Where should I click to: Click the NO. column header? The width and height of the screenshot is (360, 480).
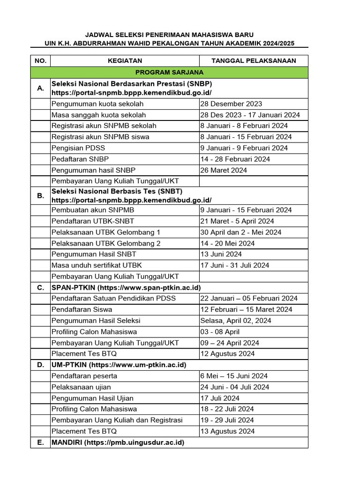point(40,61)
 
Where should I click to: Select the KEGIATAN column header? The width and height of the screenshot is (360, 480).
point(125,61)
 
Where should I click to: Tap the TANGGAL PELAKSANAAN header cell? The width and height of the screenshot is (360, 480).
point(254,61)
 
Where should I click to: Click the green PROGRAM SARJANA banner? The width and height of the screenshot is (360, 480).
point(169,72)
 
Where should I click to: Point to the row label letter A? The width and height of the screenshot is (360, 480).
point(40,88)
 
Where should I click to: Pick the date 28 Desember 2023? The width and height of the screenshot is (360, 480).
point(231,104)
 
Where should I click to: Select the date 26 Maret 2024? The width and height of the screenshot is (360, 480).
point(224,170)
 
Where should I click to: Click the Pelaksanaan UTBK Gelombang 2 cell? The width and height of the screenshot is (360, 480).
point(106,243)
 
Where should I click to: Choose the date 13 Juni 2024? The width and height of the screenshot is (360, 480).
point(221,254)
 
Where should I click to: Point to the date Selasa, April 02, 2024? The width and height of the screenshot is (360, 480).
point(235,321)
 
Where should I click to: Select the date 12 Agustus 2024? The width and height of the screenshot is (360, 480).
point(227,354)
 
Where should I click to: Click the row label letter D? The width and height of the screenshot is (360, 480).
point(40,365)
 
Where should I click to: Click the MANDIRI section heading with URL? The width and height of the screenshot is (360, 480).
point(118,442)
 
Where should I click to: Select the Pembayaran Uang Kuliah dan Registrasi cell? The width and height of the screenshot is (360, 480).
point(117,420)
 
